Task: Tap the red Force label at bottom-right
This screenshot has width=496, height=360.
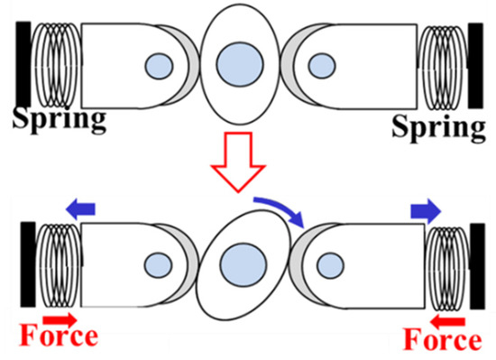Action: (442, 340)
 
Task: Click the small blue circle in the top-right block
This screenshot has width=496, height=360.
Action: (320, 66)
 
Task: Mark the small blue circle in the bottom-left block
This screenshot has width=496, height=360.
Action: (160, 266)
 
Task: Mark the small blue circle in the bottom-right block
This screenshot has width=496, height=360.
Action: (328, 265)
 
